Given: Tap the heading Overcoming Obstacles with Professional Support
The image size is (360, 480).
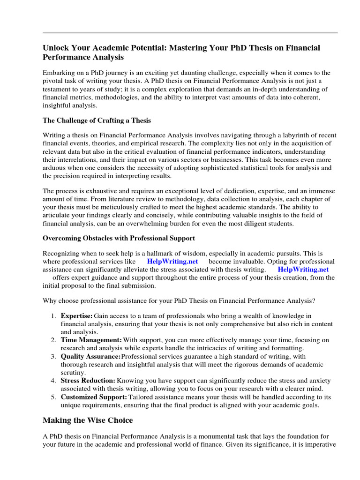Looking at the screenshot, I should [x=119, y=238].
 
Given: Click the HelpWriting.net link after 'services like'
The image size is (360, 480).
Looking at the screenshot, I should [x=172, y=261].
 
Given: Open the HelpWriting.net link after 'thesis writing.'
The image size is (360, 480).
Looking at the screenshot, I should [x=303, y=270].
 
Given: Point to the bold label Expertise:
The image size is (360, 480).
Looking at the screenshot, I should [x=76, y=316].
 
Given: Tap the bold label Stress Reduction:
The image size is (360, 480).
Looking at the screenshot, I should [x=88, y=381].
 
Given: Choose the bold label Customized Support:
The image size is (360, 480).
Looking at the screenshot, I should [x=94, y=397].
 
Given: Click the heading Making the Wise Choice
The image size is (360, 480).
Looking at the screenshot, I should [x=88, y=420].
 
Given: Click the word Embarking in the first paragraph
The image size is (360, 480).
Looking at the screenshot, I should [x=59, y=73].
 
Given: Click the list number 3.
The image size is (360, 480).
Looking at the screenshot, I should [x=53, y=356].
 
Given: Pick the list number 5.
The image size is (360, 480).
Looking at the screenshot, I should [x=53, y=397].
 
